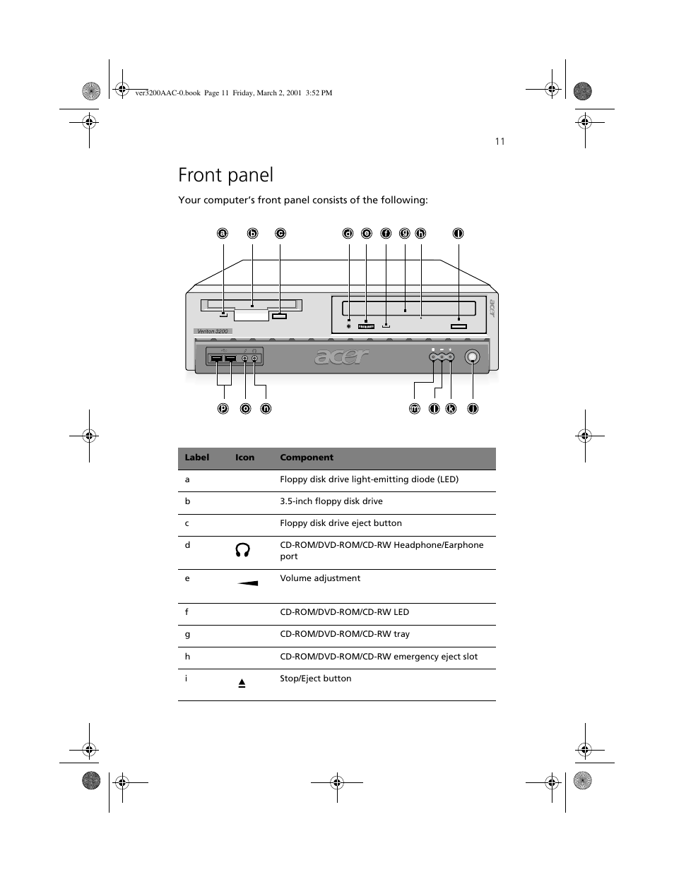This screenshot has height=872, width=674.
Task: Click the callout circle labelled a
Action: click(x=223, y=233)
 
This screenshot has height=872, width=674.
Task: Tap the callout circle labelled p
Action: click(x=223, y=408)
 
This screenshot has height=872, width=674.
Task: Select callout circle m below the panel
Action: click(x=415, y=408)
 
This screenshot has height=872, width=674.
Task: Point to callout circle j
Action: click(x=473, y=408)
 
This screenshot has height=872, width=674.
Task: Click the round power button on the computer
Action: click(x=473, y=357)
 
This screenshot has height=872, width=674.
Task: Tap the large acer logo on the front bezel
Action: click(x=342, y=357)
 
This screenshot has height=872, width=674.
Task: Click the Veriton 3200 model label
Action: click(x=212, y=331)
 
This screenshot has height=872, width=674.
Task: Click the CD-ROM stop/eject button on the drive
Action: click(x=459, y=325)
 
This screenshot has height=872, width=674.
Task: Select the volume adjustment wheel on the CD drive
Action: click(x=366, y=326)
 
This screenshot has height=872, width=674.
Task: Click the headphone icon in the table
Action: click(x=242, y=551)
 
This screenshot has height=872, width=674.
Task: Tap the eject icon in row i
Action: click(x=242, y=683)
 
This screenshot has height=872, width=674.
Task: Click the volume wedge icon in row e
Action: click(x=247, y=583)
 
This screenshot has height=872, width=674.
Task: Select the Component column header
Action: click(x=307, y=458)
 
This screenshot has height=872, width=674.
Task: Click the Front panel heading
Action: click(x=225, y=174)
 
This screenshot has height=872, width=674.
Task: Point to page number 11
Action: click(x=499, y=141)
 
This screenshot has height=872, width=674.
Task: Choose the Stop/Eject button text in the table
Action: click(x=315, y=679)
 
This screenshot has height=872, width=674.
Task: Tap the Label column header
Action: click(x=197, y=458)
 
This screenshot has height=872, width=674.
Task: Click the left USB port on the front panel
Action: click(x=215, y=359)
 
